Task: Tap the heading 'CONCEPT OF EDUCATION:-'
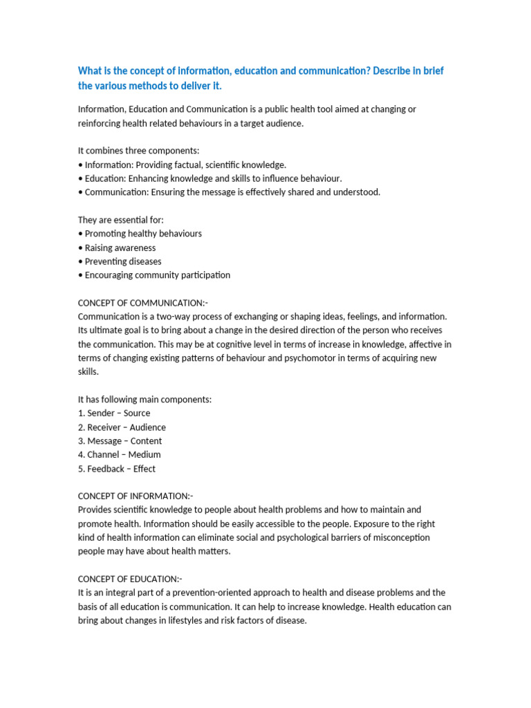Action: (130, 579)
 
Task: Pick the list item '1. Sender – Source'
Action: (114, 413)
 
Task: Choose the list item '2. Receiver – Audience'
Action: (122, 427)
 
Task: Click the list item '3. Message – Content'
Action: (120, 441)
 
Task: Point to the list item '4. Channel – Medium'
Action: (119, 455)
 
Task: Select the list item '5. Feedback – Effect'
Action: (117, 469)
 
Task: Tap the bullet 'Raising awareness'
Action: (120, 248)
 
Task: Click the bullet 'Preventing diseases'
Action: (122, 261)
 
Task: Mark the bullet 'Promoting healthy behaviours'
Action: (142, 234)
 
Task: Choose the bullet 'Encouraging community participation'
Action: (157, 275)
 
